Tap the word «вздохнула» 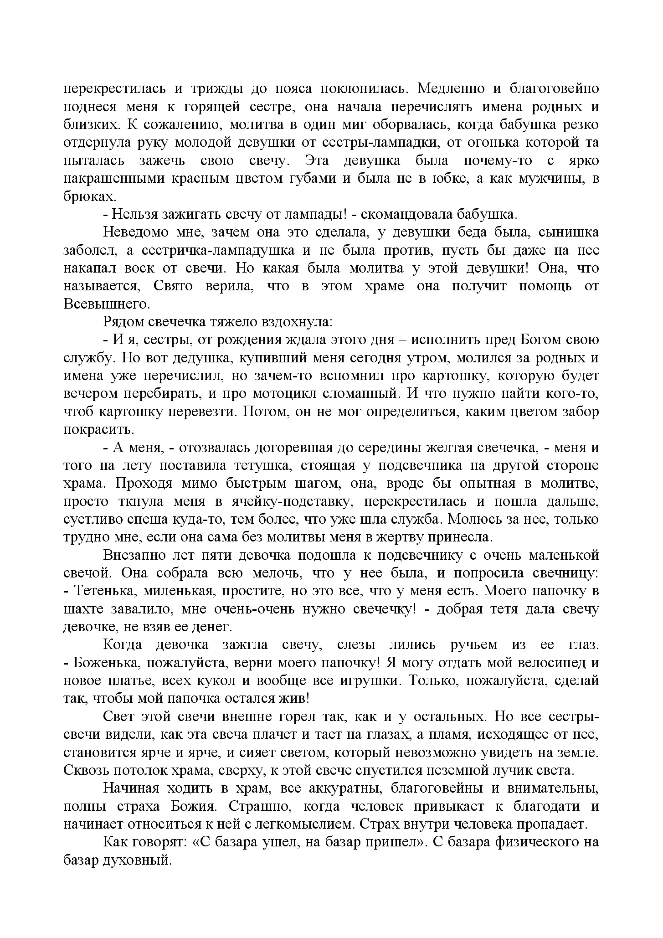coord(297,322)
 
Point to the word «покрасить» coord(98,430)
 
